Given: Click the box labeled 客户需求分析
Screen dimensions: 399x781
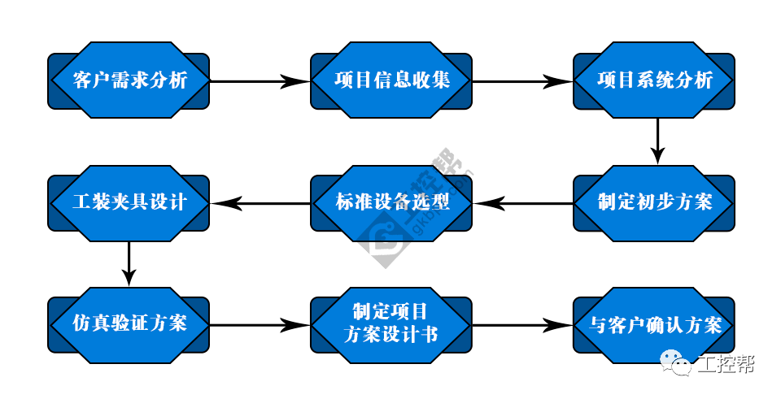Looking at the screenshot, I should point(129,81).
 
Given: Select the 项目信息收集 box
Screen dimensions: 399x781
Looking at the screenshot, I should point(391,81).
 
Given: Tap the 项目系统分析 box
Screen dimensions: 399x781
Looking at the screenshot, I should point(654,81).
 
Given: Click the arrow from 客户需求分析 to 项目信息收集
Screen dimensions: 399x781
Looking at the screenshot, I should point(260,81).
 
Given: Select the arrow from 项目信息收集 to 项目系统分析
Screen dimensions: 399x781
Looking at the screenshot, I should point(522,81).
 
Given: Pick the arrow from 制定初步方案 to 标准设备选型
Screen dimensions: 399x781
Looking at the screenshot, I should point(522,202).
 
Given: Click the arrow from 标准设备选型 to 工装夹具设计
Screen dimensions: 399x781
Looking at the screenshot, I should point(260,202).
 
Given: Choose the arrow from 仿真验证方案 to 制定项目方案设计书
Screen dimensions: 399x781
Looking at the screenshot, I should point(260,325).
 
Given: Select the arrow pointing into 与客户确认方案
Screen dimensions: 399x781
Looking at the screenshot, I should point(522,325).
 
